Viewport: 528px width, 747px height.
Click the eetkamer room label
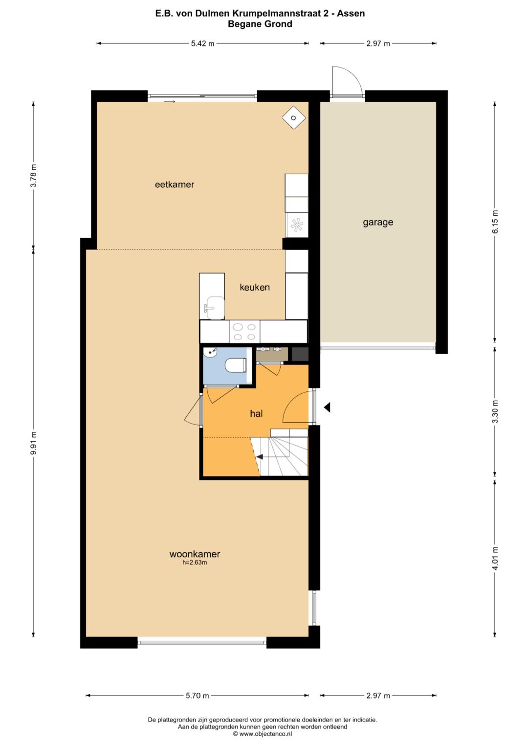(x=175, y=184)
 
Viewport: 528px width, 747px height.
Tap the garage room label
(x=378, y=223)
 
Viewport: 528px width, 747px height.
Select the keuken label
(x=255, y=287)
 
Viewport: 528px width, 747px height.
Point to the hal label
(x=256, y=413)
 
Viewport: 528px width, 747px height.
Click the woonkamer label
(x=195, y=554)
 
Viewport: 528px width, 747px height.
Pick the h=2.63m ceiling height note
(x=195, y=563)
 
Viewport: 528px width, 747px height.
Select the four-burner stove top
(x=244, y=332)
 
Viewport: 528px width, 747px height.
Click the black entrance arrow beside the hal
(x=327, y=407)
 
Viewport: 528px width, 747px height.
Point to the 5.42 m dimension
(x=203, y=44)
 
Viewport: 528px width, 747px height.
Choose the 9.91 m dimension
(x=33, y=443)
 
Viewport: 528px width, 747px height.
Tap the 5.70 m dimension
(x=198, y=696)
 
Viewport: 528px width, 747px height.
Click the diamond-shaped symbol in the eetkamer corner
(x=294, y=118)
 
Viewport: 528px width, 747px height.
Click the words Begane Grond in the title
(x=260, y=24)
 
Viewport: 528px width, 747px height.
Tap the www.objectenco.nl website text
(x=265, y=734)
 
